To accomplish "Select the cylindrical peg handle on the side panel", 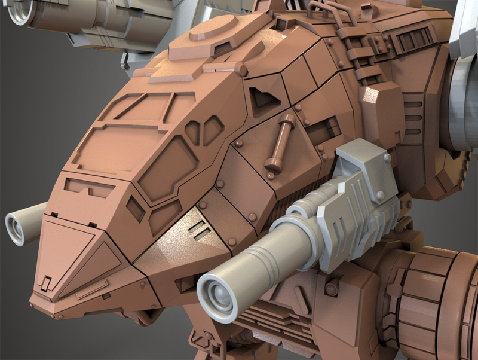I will click(x=281, y=141).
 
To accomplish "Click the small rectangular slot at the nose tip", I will click(x=45, y=280).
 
